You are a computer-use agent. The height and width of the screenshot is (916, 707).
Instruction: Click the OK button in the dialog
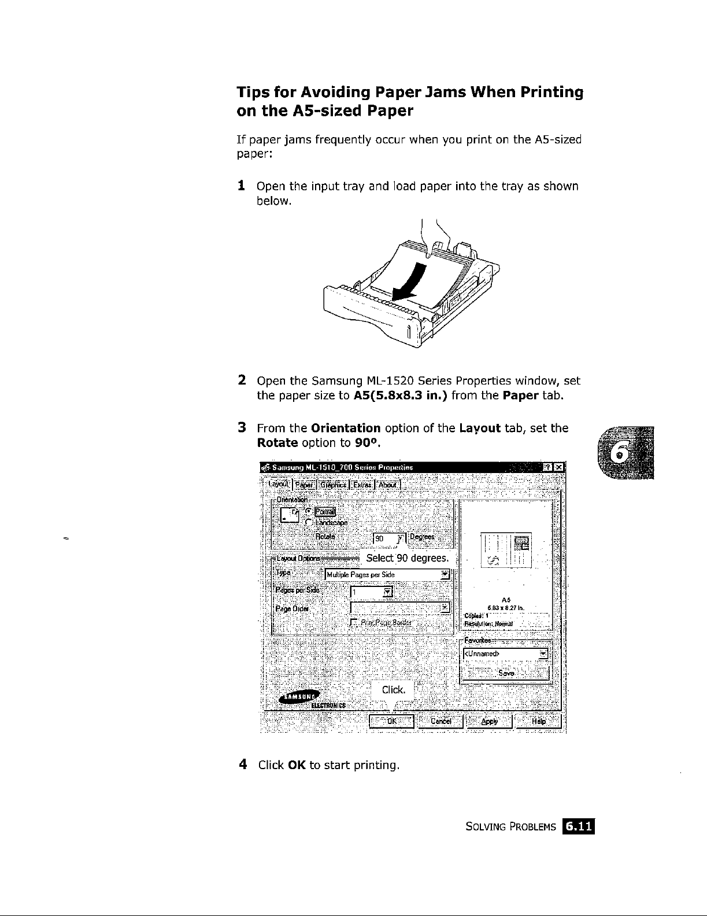(x=391, y=721)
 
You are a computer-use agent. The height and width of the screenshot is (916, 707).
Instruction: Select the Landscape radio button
(x=309, y=523)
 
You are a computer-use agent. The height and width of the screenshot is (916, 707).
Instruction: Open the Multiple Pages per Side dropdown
(x=387, y=575)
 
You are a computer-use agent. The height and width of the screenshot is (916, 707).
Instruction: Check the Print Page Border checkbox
(x=354, y=622)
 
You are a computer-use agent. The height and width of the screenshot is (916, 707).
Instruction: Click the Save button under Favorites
(x=505, y=673)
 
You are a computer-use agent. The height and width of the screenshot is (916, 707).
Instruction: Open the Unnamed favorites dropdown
(x=505, y=654)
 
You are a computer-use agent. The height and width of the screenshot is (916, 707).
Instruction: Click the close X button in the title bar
(x=559, y=467)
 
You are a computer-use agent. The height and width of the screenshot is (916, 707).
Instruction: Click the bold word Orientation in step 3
(x=345, y=428)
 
